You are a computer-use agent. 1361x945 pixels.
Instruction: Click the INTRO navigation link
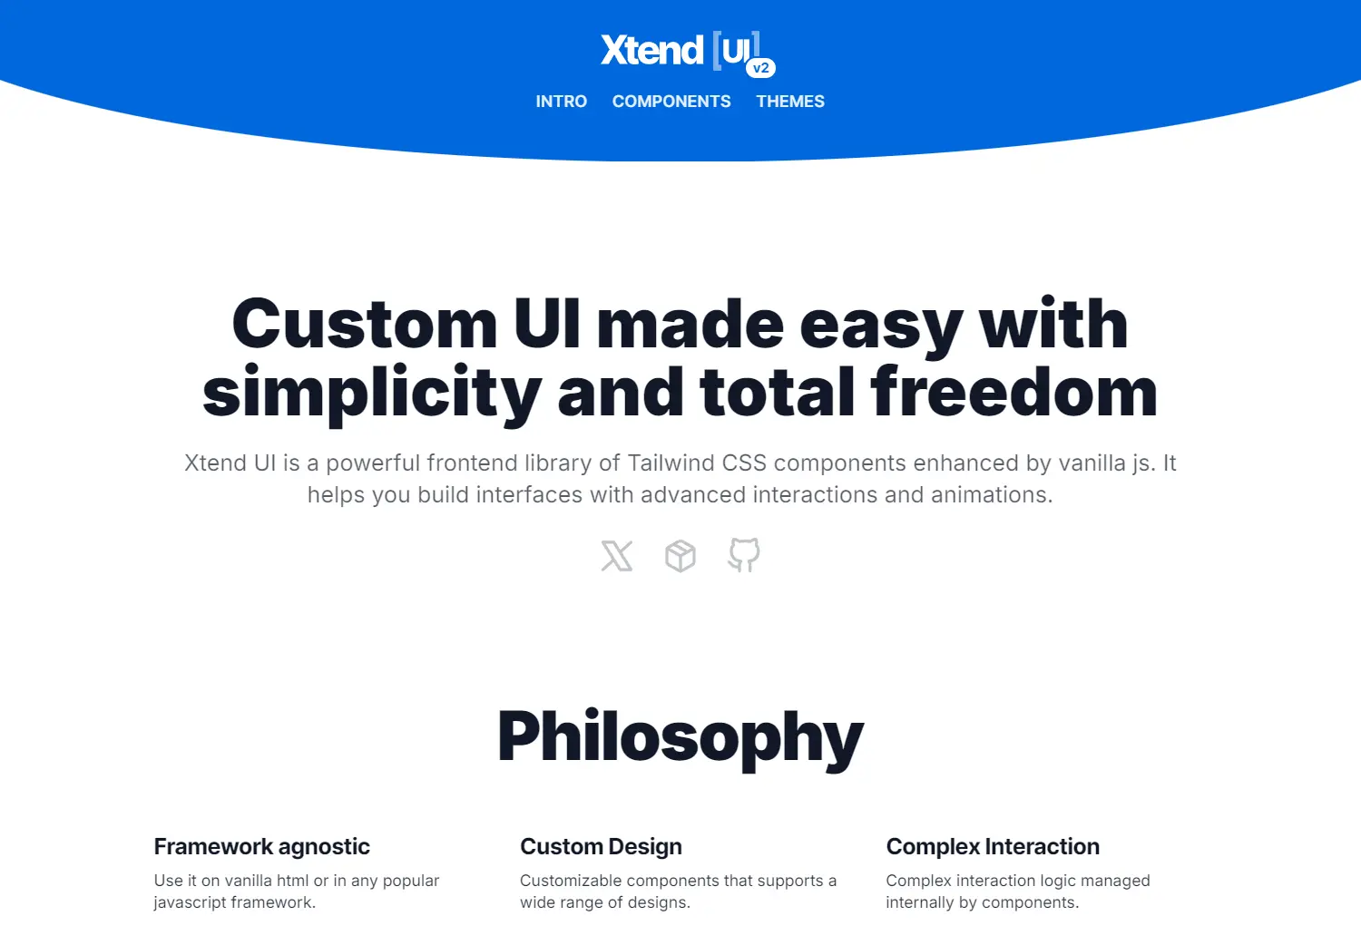point(561,102)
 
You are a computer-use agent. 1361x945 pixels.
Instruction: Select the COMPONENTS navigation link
point(671,102)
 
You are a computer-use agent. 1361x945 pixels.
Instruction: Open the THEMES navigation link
point(790,102)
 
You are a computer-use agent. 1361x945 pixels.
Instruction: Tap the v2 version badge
point(760,68)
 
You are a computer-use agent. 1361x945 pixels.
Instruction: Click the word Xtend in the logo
point(651,51)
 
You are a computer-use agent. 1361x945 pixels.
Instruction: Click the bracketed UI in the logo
point(736,50)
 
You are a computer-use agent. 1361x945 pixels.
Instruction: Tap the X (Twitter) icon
point(617,556)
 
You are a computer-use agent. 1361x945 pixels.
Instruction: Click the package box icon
point(680,556)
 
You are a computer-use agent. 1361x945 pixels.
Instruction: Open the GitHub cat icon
point(744,555)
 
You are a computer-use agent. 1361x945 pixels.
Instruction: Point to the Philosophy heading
point(680,736)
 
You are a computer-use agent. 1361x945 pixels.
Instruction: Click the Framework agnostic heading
point(261,846)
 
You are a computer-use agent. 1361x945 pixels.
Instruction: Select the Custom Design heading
point(601,846)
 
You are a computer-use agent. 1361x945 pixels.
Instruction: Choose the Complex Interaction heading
point(993,846)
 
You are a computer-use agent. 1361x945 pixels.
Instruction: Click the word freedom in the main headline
point(1013,392)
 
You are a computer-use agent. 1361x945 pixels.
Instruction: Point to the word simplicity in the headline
point(372,392)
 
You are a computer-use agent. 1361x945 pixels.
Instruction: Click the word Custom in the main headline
point(364,324)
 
